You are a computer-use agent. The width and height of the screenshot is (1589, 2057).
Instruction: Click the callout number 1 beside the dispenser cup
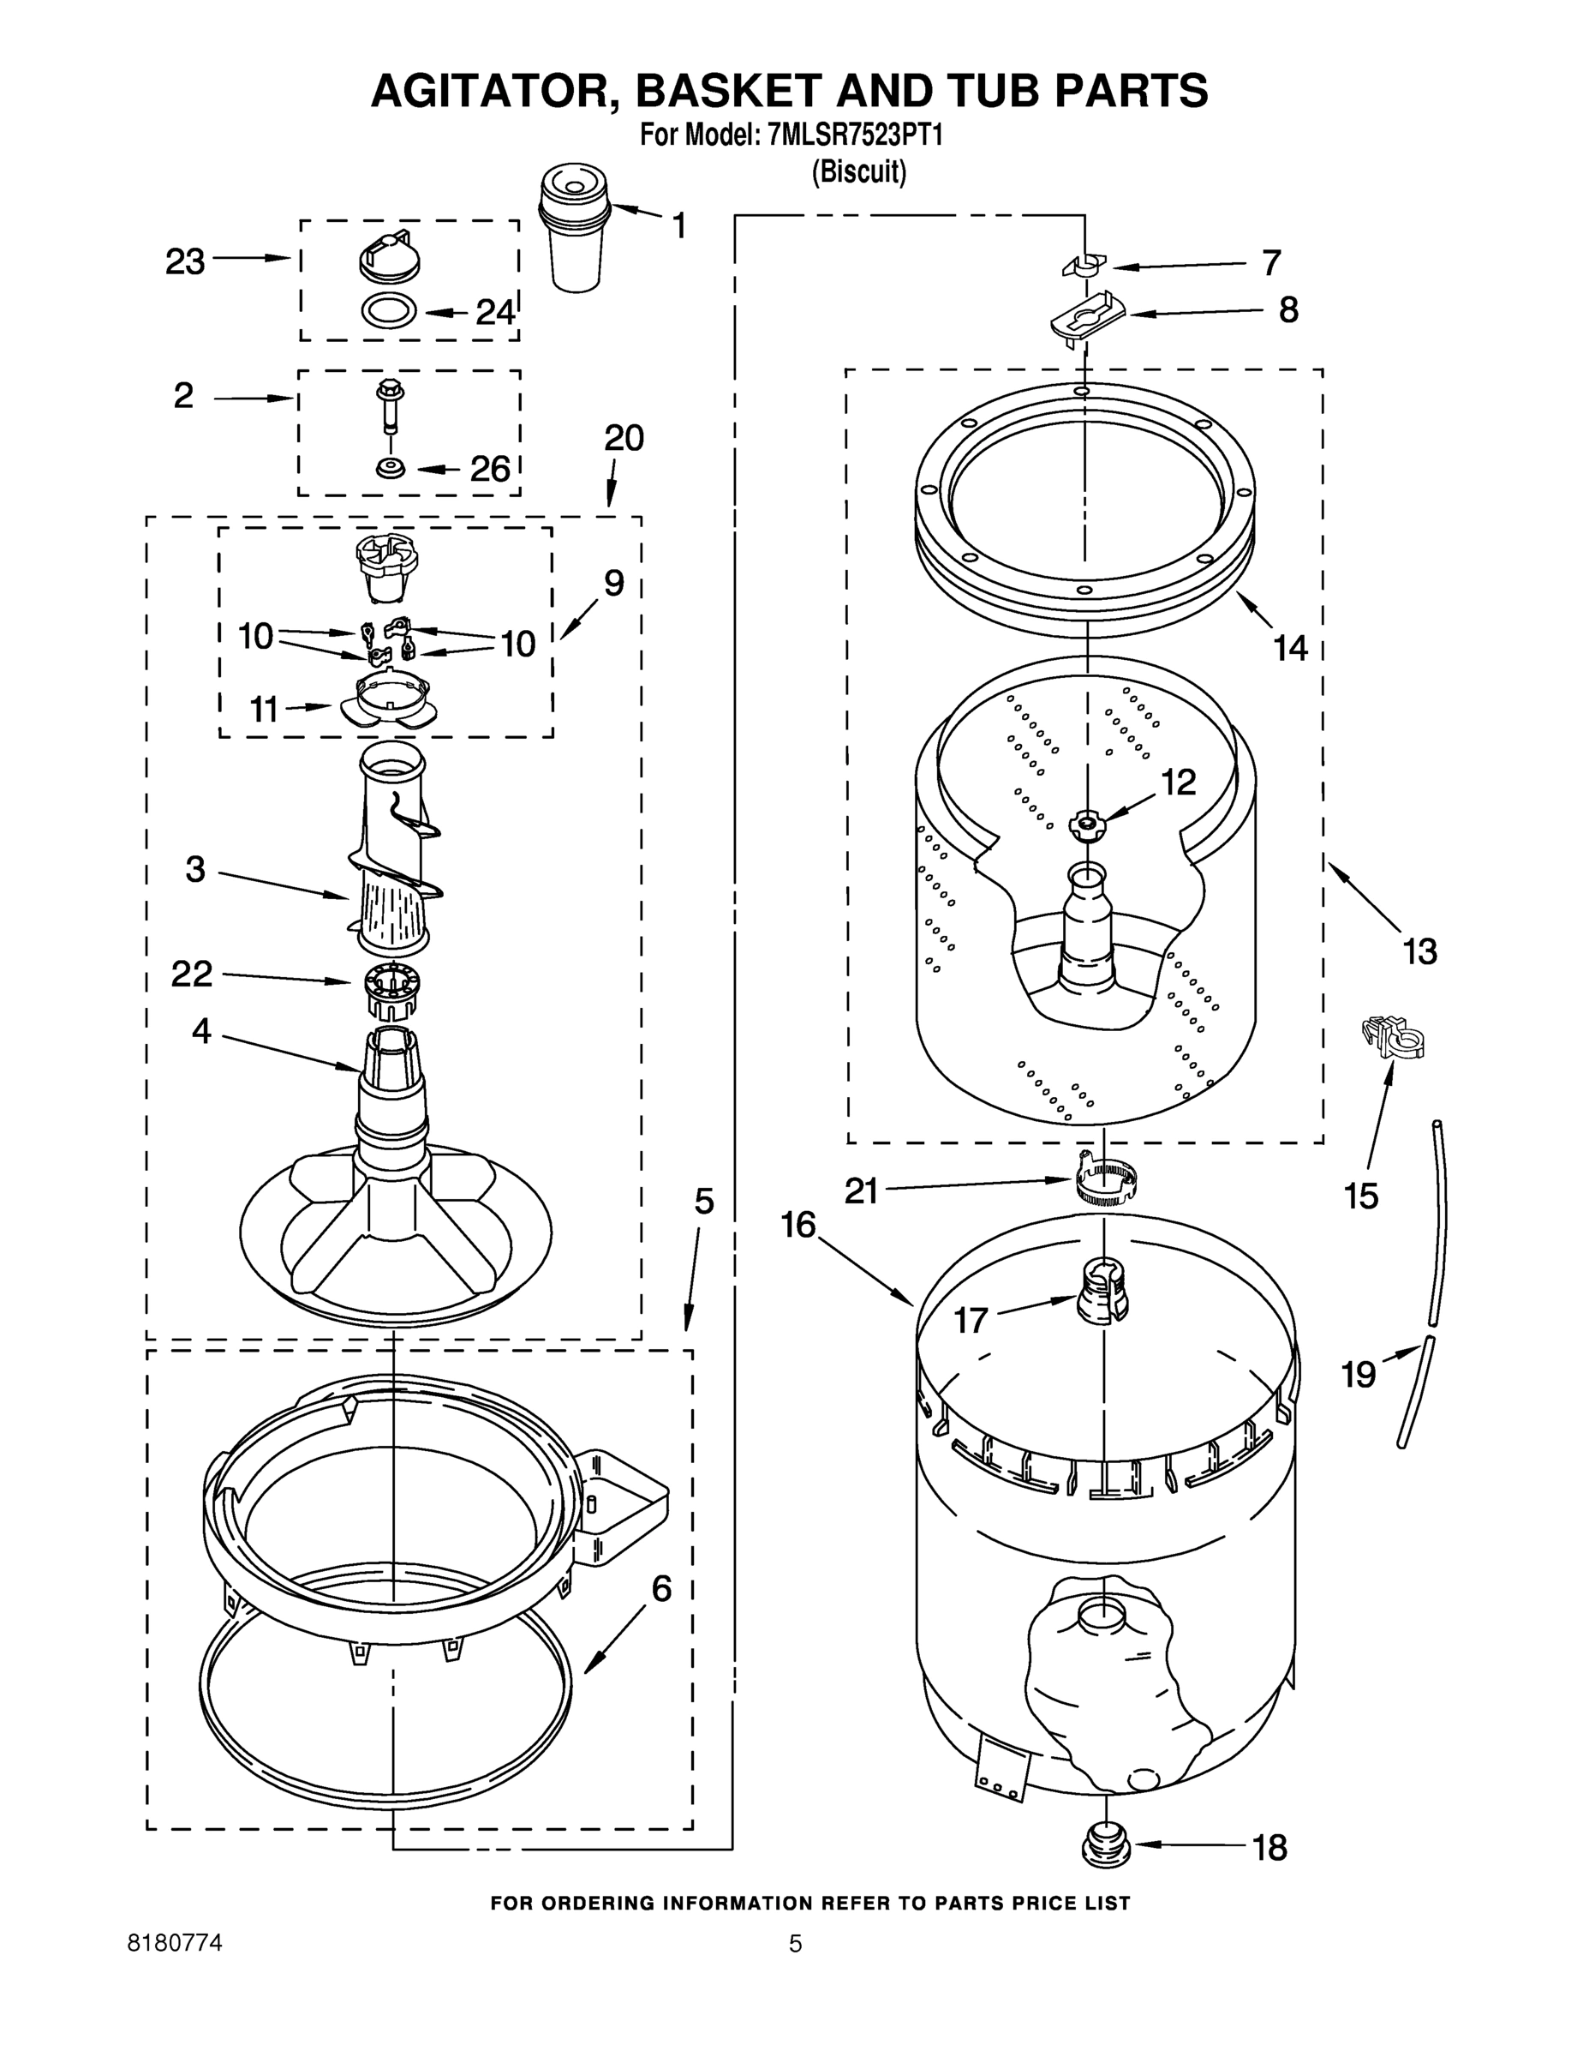[x=678, y=226]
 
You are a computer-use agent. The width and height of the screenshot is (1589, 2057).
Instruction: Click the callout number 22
[x=192, y=974]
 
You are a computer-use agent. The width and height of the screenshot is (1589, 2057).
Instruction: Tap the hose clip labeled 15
[x=1393, y=1038]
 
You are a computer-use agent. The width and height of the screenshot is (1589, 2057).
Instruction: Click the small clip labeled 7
[x=1084, y=267]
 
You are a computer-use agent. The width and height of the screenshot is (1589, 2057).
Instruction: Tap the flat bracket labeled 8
[x=1088, y=318]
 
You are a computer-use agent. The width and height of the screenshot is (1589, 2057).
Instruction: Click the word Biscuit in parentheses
[x=859, y=172]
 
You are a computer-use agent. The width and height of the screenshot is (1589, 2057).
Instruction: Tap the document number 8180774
[x=175, y=1942]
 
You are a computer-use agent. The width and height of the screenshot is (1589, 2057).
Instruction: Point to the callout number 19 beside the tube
[x=1359, y=1374]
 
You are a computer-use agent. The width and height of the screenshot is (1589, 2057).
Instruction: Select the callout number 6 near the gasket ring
[x=662, y=1589]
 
